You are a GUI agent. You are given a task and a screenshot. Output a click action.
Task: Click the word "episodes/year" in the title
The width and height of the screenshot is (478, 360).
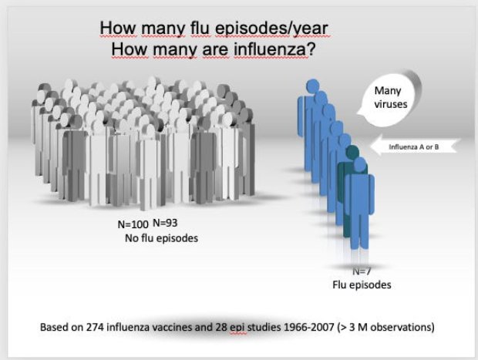point(271,29)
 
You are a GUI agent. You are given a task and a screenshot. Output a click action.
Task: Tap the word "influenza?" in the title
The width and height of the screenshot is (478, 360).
point(274,49)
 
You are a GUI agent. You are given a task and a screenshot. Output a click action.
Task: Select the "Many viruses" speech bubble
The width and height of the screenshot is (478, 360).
point(389,99)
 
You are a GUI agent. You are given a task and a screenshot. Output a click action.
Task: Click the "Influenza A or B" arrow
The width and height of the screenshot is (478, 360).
point(413,146)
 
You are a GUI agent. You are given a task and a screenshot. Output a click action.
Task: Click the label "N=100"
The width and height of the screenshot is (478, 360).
point(133,224)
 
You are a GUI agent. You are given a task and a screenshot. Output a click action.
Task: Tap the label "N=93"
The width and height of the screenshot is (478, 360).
point(165,223)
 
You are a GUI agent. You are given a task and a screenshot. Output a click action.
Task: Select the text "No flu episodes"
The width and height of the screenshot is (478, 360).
point(161,238)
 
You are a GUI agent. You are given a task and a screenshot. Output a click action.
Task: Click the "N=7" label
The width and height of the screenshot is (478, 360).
point(362,271)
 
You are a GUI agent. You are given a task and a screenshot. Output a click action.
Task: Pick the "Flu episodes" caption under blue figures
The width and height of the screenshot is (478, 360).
point(362,284)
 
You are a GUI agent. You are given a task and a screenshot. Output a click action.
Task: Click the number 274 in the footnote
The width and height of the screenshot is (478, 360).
point(95,327)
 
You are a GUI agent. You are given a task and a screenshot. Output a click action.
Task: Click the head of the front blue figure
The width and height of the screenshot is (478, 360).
point(360,166)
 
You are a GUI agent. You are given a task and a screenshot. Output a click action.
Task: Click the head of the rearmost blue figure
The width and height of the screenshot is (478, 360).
point(313,86)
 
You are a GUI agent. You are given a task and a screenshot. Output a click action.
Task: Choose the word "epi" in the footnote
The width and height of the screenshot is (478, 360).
point(237,328)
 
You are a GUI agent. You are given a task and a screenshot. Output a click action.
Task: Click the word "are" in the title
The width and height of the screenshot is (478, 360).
point(215,49)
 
